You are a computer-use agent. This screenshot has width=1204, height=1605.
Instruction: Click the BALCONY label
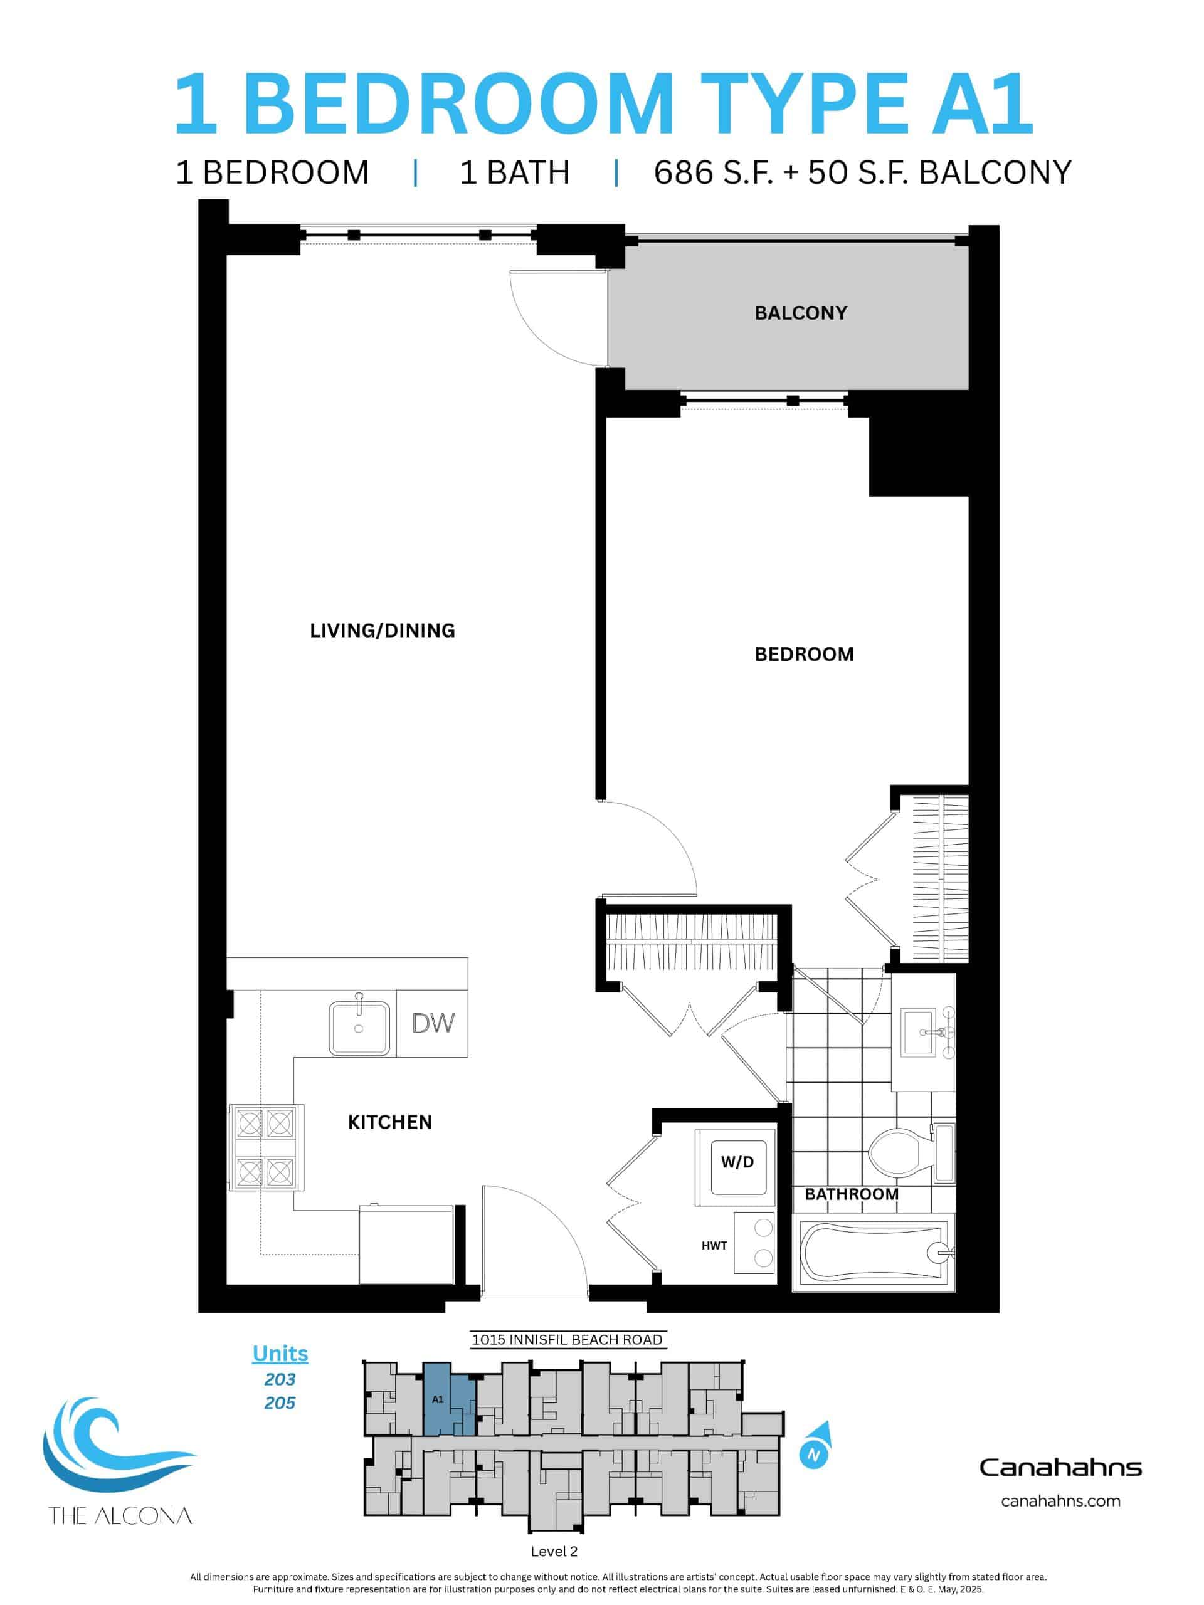(801, 313)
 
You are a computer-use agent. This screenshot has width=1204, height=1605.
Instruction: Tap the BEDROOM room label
(803, 654)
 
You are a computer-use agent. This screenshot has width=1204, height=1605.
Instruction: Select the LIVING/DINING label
(383, 631)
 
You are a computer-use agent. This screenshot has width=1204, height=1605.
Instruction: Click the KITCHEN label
(389, 1122)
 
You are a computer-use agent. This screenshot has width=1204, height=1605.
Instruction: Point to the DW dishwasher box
(433, 1023)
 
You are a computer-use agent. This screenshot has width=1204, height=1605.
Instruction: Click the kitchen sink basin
(359, 1028)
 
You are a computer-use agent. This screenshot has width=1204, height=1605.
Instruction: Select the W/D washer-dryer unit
(737, 1162)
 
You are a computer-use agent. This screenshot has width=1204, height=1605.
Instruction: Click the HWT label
(714, 1245)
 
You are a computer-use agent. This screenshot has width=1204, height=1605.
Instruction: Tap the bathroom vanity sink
(919, 1032)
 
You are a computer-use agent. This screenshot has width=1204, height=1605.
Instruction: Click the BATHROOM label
(852, 1194)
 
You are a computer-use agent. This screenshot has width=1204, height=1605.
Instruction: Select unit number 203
(280, 1379)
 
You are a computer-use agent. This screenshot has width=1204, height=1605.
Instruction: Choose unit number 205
(280, 1402)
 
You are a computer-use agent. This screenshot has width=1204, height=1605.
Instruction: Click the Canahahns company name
(1060, 1467)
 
